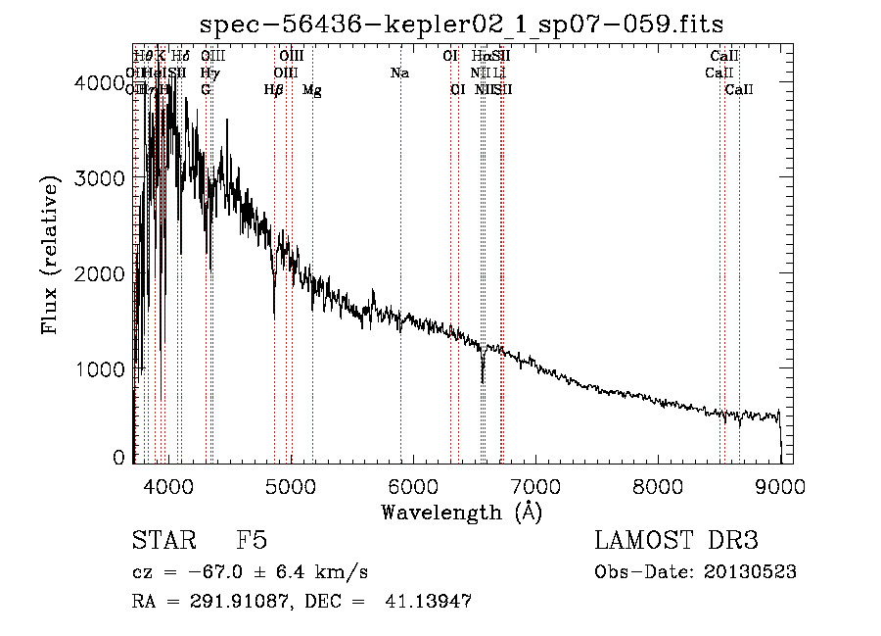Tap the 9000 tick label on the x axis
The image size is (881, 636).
click(x=780, y=486)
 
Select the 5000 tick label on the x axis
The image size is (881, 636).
click(x=290, y=486)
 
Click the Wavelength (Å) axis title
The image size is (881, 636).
click(x=461, y=512)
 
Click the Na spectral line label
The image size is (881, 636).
click(x=399, y=73)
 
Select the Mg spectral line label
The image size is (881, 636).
click(x=312, y=90)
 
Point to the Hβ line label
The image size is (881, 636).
click(x=274, y=90)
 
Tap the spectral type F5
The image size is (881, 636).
click(x=252, y=541)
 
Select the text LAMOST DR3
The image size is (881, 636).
click(x=676, y=541)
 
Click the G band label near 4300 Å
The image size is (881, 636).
click(x=206, y=90)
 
